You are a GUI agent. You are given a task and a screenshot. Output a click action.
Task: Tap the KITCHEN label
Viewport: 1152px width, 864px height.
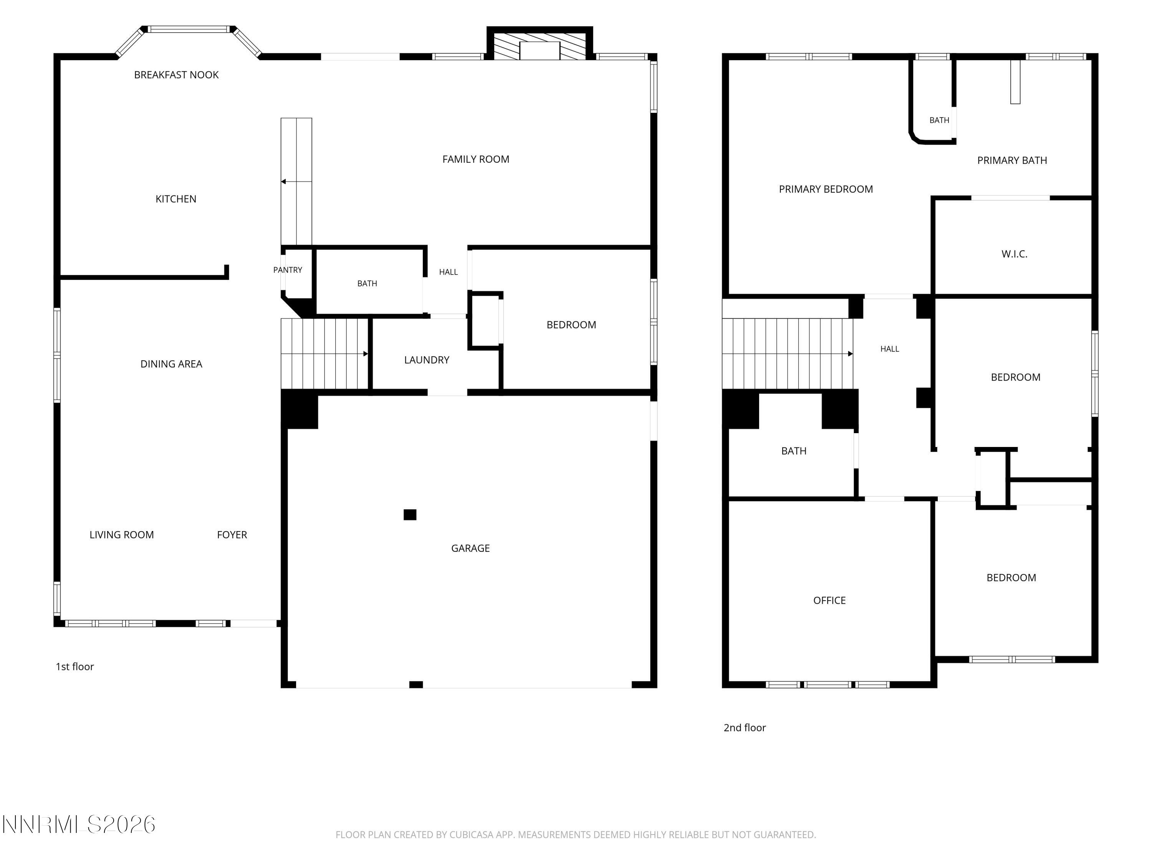(x=176, y=199)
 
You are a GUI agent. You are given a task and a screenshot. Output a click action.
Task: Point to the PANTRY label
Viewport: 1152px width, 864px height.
(x=288, y=270)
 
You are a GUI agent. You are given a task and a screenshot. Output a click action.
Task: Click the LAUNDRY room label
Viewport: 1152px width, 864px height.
(x=427, y=360)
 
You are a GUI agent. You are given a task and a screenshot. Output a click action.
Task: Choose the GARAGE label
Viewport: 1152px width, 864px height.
(x=470, y=548)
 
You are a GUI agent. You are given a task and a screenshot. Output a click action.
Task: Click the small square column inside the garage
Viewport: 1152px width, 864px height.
(x=410, y=515)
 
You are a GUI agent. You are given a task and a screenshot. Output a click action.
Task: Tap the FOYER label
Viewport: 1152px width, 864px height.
(x=232, y=535)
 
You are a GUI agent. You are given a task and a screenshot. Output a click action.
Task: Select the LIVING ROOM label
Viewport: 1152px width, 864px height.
(x=121, y=535)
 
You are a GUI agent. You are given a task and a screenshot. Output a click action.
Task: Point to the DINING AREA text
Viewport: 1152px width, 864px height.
(x=171, y=364)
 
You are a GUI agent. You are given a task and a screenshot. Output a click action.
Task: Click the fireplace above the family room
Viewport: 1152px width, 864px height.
(x=540, y=44)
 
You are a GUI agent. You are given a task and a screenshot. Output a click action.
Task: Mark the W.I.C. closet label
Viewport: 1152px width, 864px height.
(x=1014, y=254)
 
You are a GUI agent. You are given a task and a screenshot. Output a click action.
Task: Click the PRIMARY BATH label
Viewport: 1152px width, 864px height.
(x=1012, y=161)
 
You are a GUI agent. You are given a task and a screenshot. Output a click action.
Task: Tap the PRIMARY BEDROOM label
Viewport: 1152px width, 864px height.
(x=826, y=189)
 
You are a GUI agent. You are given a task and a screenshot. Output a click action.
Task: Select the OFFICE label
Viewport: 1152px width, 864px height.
(x=829, y=601)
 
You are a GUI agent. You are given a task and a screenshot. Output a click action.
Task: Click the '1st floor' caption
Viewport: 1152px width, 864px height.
(x=74, y=667)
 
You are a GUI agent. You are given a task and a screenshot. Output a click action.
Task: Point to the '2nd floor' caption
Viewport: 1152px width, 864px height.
(x=744, y=728)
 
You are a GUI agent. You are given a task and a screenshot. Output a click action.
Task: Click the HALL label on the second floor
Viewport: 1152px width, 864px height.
(x=889, y=349)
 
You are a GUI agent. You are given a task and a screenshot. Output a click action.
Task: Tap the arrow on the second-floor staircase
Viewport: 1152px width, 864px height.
(x=788, y=354)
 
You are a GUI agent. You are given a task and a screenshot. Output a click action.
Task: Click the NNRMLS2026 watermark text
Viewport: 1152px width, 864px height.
(x=79, y=824)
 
